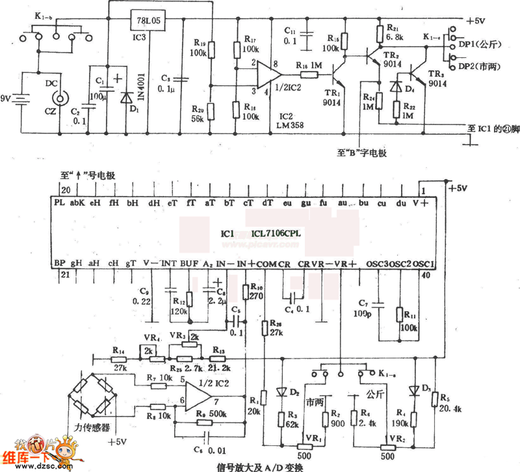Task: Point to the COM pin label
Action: tap(266, 264)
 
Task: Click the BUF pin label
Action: tap(190, 264)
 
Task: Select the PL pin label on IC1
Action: tap(60, 203)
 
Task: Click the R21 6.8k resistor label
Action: tap(394, 34)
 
